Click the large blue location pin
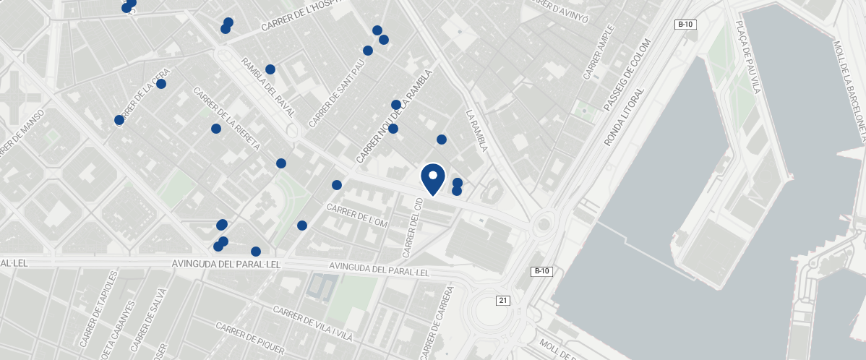coord(432,178)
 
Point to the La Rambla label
coord(477,130)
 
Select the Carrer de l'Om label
coord(358,215)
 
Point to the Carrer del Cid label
coord(412,227)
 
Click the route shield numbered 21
coord(503,300)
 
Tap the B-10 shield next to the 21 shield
coord(541,272)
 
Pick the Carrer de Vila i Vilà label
coord(312,322)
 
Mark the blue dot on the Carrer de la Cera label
coord(161,84)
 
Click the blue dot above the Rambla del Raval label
coord(270,69)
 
